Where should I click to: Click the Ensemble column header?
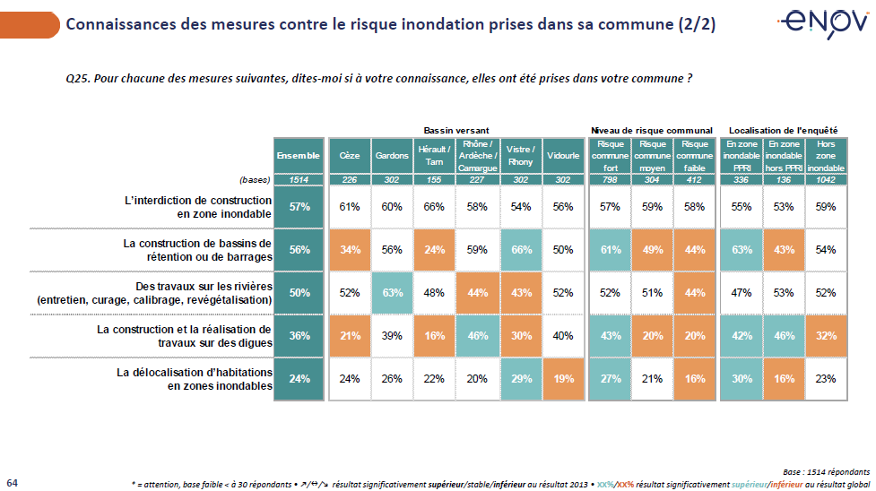pyautogui.click(x=298, y=155)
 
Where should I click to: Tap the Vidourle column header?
pyautogui.click(x=562, y=155)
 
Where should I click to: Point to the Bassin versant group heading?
pyautogui.click(x=456, y=130)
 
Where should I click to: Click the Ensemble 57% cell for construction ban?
pyautogui.click(x=298, y=207)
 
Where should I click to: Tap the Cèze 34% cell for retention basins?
pyautogui.click(x=349, y=250)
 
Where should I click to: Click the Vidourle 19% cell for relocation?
pyautogui.click(x=562, y=378)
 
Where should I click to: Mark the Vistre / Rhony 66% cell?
pyautogui.click(x=520, y=250)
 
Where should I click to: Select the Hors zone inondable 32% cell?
pyautogui.click(x=827, y=335)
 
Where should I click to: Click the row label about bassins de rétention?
pyautogui.click(x=195, y=250)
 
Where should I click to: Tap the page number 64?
pyautogui.click(x=12, y=482)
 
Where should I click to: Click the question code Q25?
pyautogui.click(x=78, y=80)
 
